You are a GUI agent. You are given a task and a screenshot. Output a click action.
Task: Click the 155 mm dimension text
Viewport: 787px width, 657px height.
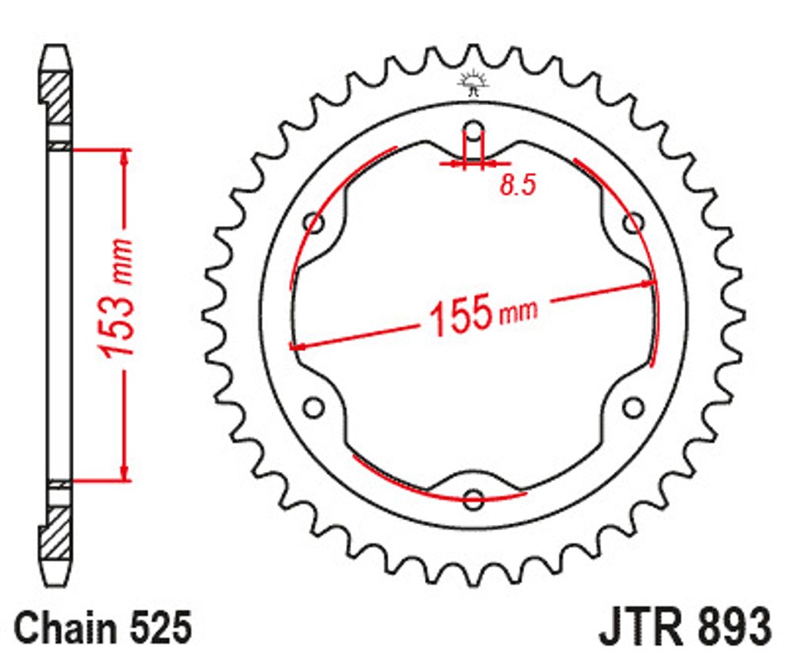tap(483, 315)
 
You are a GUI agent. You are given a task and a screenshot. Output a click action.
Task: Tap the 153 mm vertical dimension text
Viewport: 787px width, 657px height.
tap(116, 299)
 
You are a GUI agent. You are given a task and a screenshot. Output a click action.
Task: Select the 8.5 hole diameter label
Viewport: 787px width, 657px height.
tap(517, 184)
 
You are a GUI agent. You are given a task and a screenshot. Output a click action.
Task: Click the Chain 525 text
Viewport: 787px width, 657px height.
tap(104, 627)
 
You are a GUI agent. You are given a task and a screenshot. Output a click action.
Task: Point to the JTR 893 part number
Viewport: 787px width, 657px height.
tap(685, 627)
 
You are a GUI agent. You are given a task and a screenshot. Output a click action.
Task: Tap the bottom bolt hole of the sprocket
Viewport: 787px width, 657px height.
tap(473, 499)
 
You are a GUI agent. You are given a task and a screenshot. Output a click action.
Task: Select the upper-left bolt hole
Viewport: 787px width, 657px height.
tap(314, 222)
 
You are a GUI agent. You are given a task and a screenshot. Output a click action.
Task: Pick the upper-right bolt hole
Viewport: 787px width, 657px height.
tap(633, 222)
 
